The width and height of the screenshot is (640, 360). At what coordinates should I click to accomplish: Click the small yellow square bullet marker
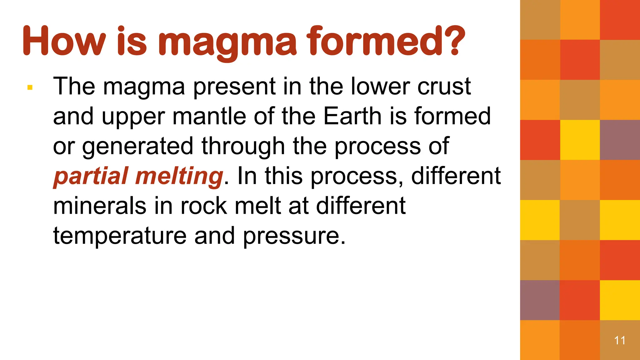(30, 87)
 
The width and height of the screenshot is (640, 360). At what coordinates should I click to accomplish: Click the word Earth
(352, 116)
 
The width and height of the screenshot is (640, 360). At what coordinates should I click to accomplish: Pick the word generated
(138, 146)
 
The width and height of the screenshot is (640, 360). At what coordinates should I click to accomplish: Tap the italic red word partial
(91, 176)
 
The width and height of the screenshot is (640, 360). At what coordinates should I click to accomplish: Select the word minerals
(100, 206)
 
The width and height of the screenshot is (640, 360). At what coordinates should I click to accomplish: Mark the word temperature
(120, 236)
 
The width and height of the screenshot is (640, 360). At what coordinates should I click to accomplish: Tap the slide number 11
(620, 340)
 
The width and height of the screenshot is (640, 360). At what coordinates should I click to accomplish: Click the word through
(243, 146)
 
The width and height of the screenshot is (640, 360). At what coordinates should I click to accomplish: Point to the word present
(234, 87)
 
